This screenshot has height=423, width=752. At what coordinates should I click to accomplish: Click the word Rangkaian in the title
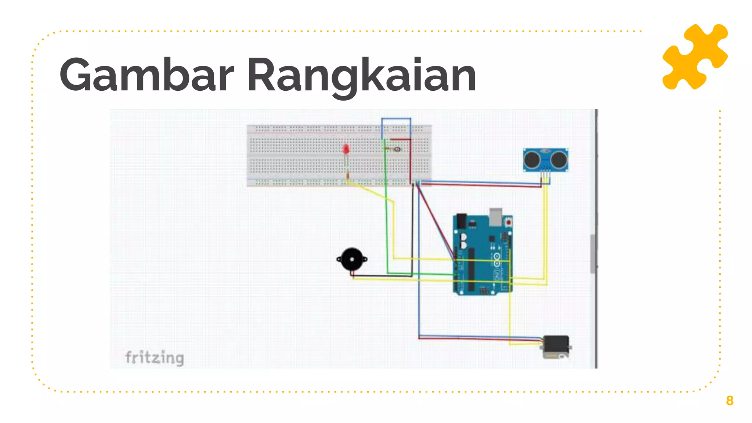362,75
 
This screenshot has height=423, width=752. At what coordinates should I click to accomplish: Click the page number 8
729,401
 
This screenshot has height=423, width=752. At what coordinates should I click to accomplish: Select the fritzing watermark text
155,357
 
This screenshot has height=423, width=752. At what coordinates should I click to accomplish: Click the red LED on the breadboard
346,149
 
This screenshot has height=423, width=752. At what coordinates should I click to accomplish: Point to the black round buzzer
352,259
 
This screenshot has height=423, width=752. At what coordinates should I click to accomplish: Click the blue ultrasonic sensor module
546,160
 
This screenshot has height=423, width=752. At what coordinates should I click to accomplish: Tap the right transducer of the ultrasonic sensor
559,159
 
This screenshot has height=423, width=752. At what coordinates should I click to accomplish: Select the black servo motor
556,347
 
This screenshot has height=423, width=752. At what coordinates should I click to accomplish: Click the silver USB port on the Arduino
496,217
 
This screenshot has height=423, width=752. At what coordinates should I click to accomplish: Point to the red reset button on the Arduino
509,222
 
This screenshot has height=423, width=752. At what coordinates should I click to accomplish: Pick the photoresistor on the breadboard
397,149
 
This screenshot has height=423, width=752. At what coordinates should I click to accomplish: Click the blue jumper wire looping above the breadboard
396,119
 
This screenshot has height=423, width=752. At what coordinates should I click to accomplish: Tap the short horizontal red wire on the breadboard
400,140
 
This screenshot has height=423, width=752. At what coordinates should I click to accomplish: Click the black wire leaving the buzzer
382,275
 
